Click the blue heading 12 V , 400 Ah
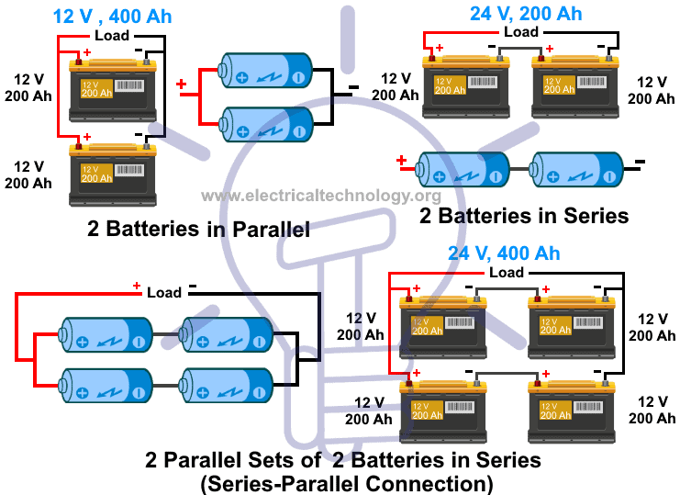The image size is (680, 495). pos(112,17)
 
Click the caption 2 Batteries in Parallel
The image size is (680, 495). pos(198,229)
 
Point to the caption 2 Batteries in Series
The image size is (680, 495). pos(523,216)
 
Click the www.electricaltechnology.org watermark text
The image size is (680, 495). pos(320,196)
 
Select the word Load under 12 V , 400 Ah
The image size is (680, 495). pos(112,35)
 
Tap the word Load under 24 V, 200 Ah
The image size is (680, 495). pos(521,32)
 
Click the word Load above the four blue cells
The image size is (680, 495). pos(164,292)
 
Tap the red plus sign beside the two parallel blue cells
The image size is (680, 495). pos(181,85)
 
